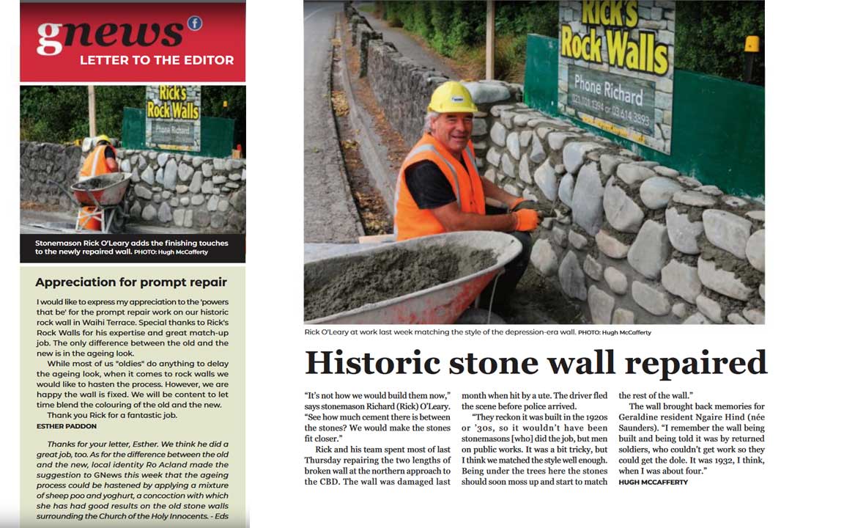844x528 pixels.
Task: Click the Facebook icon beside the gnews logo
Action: (194, 23)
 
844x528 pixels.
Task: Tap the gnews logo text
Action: (110, 34)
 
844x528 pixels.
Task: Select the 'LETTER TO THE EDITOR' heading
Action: (157, 60)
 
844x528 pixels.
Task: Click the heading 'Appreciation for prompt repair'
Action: (131, 282)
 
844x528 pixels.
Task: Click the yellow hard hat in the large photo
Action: (452, 98)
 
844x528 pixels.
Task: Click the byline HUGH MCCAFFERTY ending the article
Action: (653, 482)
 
